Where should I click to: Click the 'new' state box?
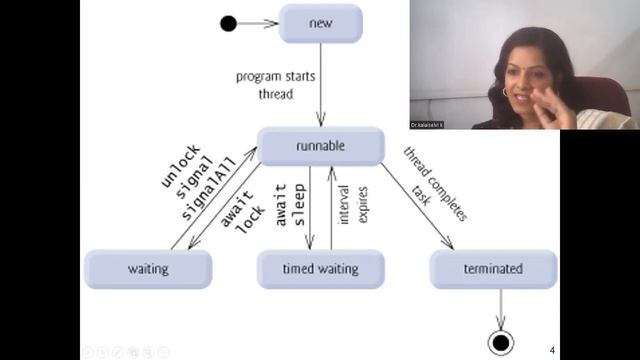click(x=320, y=23)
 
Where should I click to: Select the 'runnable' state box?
click(x=320, y=146)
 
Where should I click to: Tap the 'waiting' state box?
click(x=148, y=269)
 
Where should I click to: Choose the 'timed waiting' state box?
click(x=320, y=269)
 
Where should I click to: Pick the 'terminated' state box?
click(x=493, y=269)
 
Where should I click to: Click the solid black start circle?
click(x=228, y=23)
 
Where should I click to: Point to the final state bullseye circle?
click(x=499, y=343)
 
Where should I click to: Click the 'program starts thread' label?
click(x=265, y=85)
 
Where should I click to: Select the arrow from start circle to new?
click(x=257, y=23)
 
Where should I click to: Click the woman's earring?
click(x=505, y=92)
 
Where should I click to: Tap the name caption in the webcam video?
click(x=428, y=125)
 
